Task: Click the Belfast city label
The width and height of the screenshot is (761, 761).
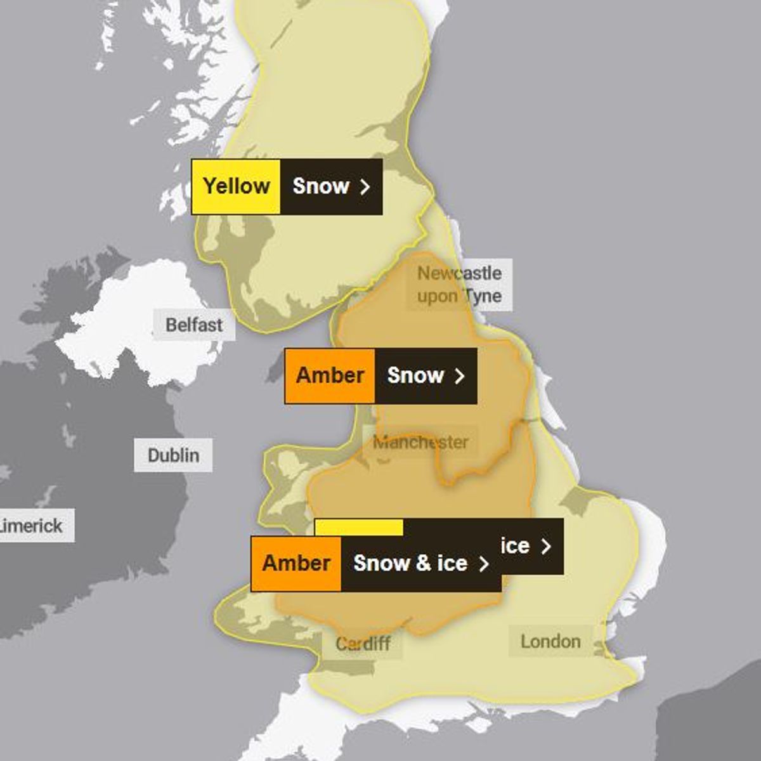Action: pos(194,325)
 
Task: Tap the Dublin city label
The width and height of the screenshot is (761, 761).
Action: pos(173,455)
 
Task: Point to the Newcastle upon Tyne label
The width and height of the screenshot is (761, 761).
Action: pos(459,285)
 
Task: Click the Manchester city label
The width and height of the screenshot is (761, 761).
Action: pos(420,442)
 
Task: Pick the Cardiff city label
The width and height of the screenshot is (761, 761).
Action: pos(363,644)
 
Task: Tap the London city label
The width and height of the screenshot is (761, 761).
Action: pos(550,641)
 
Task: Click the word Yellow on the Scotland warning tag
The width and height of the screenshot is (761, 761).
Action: pos(236,186)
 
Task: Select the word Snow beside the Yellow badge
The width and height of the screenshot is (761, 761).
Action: pos(321,186)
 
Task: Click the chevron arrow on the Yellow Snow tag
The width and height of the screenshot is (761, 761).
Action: pos(365,186)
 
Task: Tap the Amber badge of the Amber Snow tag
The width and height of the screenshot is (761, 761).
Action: pos(330,375)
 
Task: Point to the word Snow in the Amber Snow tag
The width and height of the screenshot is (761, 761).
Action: pos(415,375)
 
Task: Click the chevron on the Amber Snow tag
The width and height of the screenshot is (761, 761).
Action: pos(460,375)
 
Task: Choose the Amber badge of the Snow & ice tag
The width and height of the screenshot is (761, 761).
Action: pos(296,563)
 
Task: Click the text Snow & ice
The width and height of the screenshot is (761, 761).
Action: pos(410,563)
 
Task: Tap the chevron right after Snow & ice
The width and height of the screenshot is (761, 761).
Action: pos(484,564)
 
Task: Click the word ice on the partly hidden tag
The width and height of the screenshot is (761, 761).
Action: pos(515,546)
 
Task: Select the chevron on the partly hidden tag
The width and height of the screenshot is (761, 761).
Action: pos(546,546)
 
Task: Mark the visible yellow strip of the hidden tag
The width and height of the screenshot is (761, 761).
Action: pos(359,527)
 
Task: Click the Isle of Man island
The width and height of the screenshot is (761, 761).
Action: pos(275,368)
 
